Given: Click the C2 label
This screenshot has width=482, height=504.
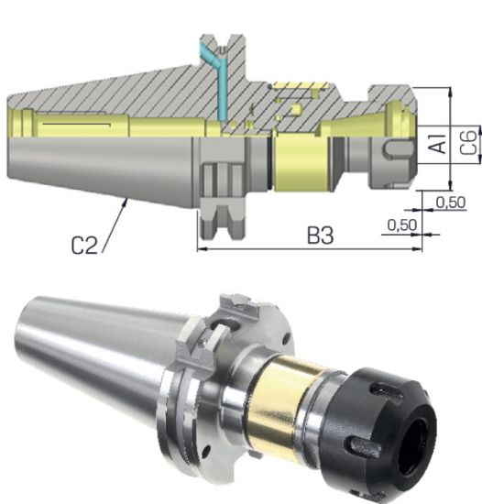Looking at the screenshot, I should (x=86, y=245).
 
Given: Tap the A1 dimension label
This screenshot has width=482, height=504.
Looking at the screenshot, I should (x=439, y=145).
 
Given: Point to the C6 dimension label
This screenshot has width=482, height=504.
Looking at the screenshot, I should (x=468, y=143).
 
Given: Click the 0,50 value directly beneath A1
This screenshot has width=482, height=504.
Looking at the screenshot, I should (x=449, y=201).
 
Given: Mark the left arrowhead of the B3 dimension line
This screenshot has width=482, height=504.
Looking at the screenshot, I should (x=203, y=247).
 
